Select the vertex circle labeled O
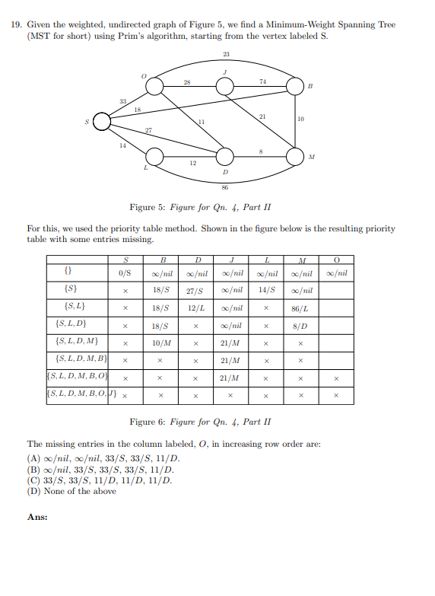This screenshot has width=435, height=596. tap(154, 88)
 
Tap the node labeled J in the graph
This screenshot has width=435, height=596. tap(224, 87)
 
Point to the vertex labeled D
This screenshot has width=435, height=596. tap(225, 158)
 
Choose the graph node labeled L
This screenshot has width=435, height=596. tap(154, 158)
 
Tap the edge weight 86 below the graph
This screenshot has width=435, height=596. tap(225, 187)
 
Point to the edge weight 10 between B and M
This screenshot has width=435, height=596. tap(301, 120)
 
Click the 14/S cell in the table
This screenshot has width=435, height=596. tap(265, 290)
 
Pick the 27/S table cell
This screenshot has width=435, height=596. tap(195, 290)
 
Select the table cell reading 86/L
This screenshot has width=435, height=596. tap(300, 308)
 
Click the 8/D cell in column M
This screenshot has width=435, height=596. tap(300, 325)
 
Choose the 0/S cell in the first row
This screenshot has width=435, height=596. tap(125, 273)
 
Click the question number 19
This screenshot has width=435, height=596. tap(16, 25)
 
